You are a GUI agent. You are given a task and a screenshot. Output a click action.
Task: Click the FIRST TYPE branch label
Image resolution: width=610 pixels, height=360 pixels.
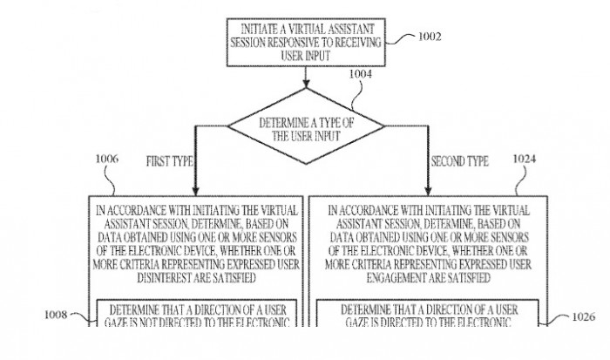tap(167, 161)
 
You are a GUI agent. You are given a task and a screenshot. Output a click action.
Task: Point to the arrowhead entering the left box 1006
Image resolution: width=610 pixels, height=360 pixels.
tap(198, 189)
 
